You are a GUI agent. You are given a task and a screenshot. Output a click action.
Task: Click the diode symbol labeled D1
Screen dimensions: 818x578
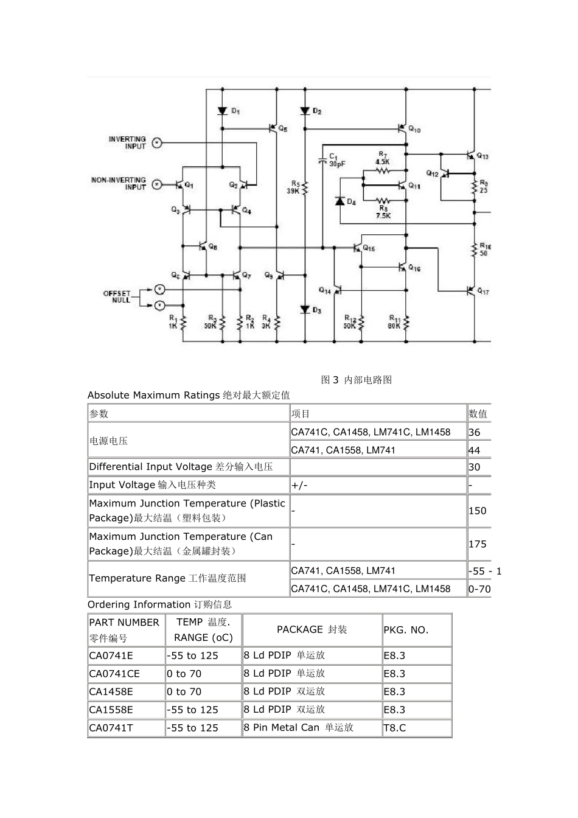click(x=223, y=111)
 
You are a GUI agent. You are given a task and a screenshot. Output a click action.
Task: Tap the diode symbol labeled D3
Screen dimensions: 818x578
click(x=305, y=310)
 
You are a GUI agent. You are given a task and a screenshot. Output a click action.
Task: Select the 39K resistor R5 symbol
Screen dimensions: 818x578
click(x=305, y=187)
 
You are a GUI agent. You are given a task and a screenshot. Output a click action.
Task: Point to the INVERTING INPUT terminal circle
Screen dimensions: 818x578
click(x=157, y=143)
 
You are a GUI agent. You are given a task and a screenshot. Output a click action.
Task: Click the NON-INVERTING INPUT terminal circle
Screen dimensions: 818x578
click(x=157, y=184)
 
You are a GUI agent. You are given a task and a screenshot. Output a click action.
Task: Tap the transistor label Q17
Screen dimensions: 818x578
click(x=482, y=292)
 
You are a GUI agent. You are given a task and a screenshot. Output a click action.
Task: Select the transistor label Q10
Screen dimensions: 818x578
click(x=414, y=129)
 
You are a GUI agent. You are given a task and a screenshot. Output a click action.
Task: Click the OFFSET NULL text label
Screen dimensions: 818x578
click(x=117, y=296)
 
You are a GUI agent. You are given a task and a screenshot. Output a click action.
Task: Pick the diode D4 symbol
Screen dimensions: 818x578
click(x=340, y=201)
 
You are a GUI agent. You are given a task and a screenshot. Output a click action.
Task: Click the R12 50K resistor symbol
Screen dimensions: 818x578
click(x=361, y=323)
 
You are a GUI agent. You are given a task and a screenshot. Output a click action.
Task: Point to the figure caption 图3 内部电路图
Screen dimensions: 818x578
click(x=357, y=380)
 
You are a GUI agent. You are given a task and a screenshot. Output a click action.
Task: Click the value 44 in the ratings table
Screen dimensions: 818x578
click(x=475, y=450)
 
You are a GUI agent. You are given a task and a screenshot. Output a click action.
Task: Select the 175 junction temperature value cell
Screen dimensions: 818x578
click(x=478, y=544)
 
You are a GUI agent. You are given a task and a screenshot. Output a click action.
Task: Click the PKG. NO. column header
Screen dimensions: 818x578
click(x=406, y=630)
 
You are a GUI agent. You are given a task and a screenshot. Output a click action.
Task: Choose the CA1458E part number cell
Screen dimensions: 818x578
click(x=111, y=691)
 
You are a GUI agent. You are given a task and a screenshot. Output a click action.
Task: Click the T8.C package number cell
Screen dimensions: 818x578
click(x=395, y=727)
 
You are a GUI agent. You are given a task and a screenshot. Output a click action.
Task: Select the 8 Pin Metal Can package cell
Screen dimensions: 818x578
click(x=298, y=727)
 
